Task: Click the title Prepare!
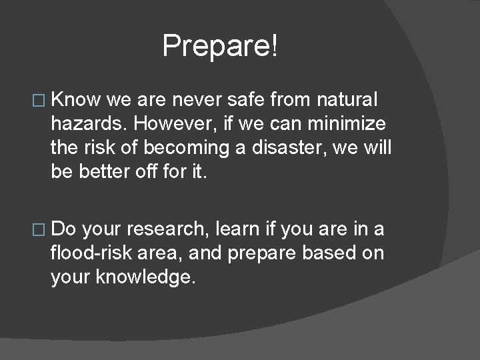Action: (x=221, y=46)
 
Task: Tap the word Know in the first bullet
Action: (x=75, y=100)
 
